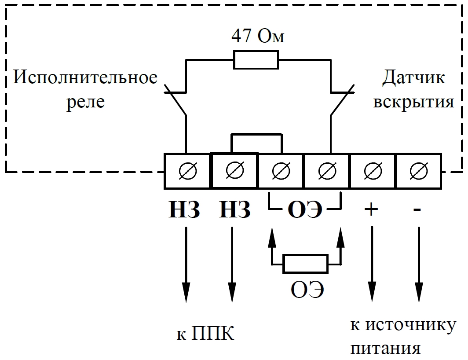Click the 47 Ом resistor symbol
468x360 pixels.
click(256, 60)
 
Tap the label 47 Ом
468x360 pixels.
click(258, 37)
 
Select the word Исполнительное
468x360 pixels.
click(85, 78)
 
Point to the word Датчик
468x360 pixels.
click(413, 78)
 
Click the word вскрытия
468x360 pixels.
click(413, 102)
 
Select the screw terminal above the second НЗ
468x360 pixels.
click(234, 171)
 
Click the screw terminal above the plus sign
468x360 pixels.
click(372, 171)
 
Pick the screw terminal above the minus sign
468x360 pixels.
click(418, 171)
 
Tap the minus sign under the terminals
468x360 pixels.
click(417, 210)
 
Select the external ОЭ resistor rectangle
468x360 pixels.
click(305, 264)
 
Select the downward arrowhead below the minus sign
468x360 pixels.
click(418, 293)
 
